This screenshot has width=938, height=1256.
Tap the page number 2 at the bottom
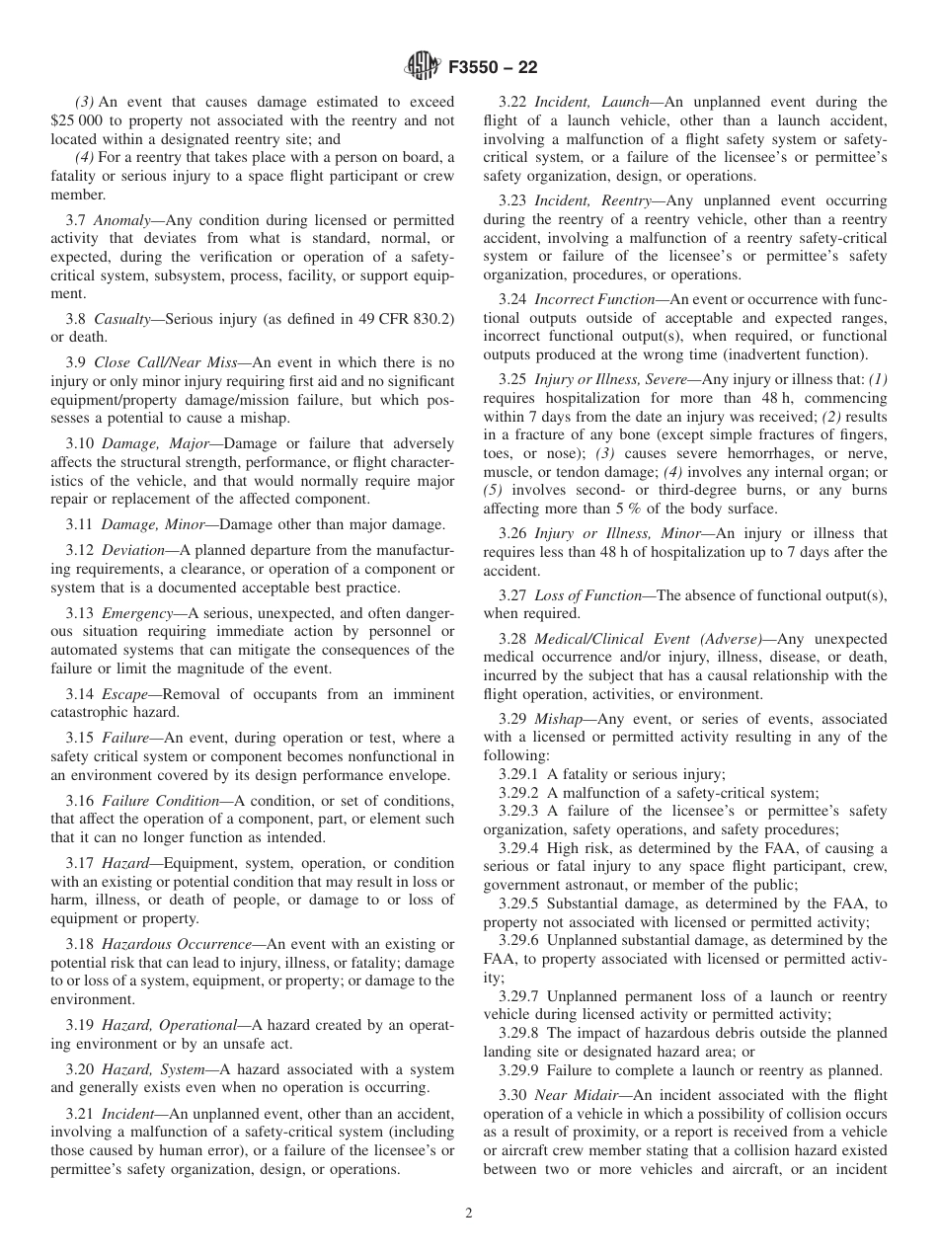pyautogui.click(x=469, y=1214)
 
